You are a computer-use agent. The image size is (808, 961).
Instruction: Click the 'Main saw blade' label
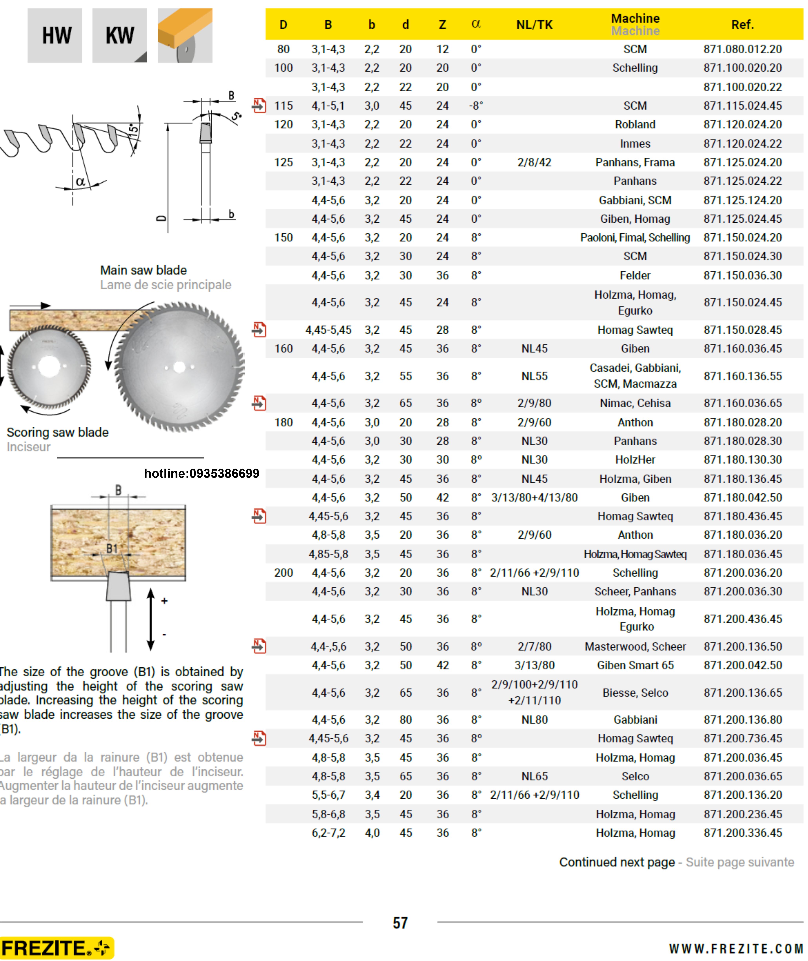pyautogui.click(x=143, y=270)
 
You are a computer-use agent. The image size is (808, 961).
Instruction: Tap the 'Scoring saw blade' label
pyautogui.click(x=58, y=432)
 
